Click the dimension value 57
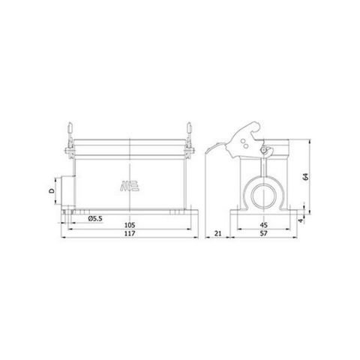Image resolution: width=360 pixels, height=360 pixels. pyautogui.click(x=262, y=234)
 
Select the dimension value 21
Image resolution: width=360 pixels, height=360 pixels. pyautogui.click(x=217, y=234)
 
